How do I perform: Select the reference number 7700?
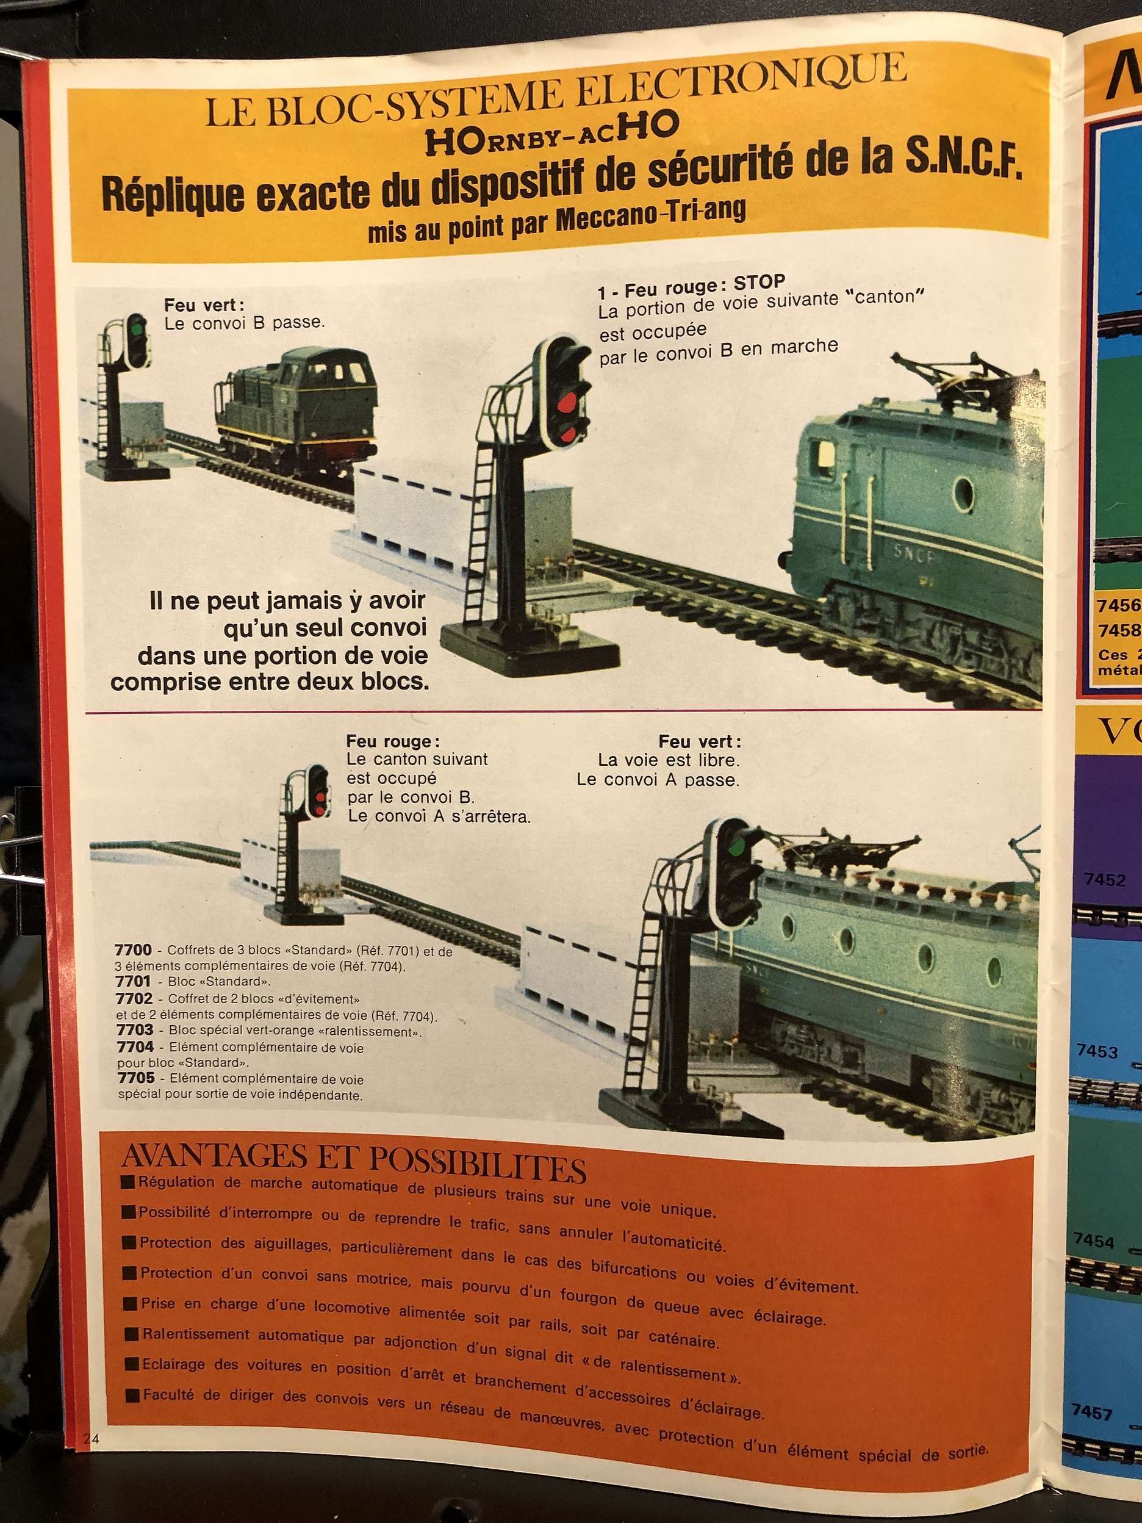(x=133, y=950)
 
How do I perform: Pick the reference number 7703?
(x=135, y=1030)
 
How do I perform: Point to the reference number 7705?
(x=135, y=1078)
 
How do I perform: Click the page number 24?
(x=91, y=1438)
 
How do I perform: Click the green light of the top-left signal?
(x=138, y=329)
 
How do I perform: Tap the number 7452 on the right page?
(x=1104, y=880)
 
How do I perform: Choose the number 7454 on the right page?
(x=1094, y=1240)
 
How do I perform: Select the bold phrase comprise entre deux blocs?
(x=269, y=682)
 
